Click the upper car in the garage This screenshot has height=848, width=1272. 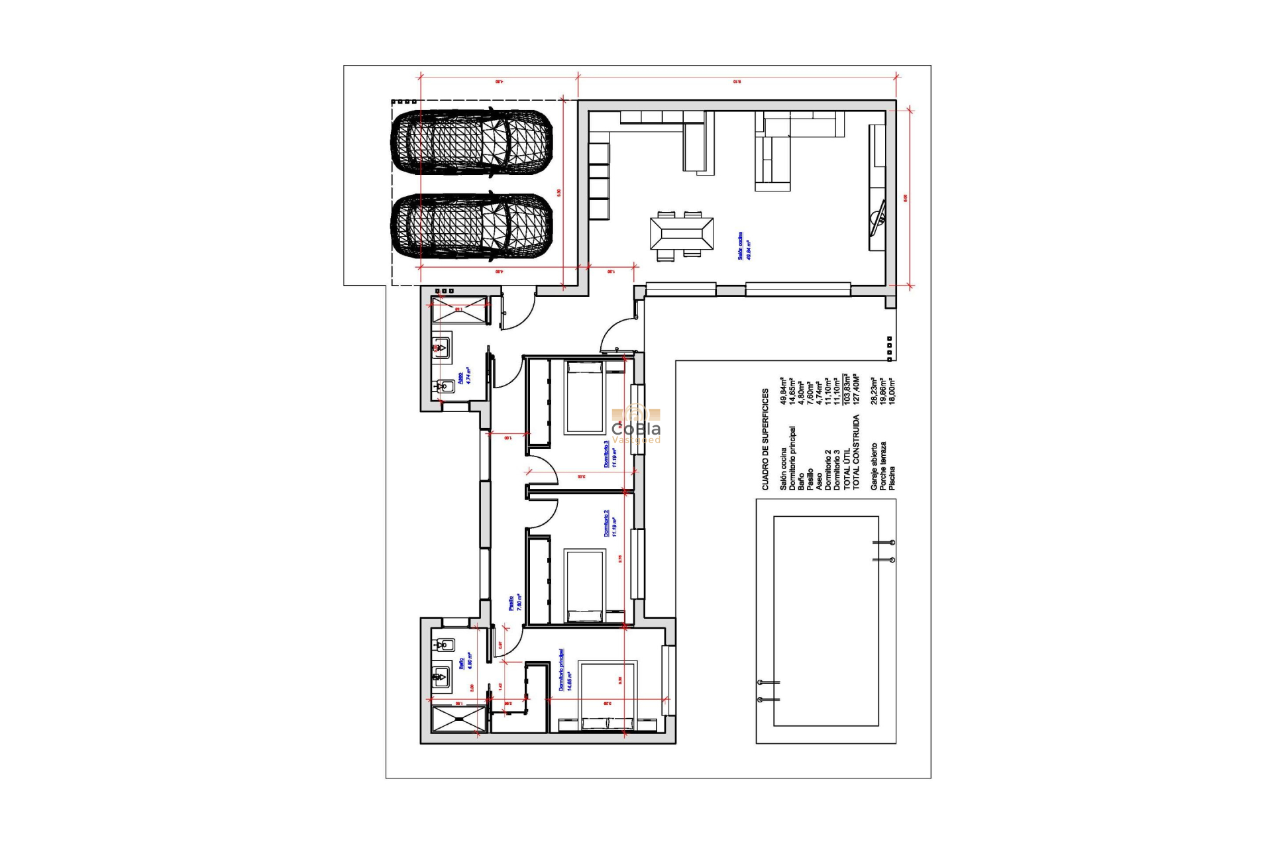(472, 142)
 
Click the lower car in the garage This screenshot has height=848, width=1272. (472, 226)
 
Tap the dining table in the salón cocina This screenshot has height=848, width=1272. (681, 234)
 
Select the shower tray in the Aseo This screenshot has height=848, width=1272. (458, 310)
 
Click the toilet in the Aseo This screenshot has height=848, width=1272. (444, 386)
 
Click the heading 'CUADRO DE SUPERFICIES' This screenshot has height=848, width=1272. (765, 439)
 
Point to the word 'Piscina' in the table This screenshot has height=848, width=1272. (892, 478)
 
